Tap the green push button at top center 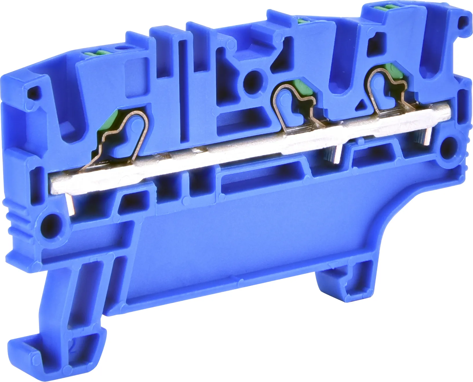click(303, 21)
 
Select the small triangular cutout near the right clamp click(362, 105)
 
